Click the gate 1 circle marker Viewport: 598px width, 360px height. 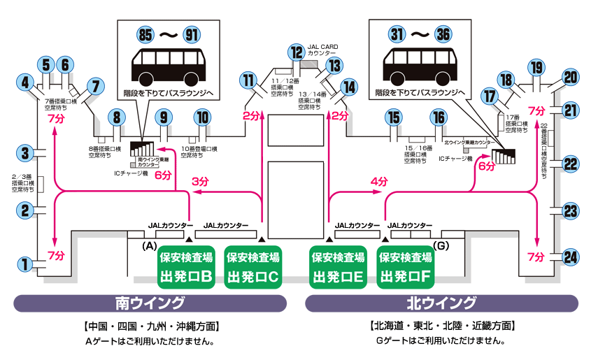click(25, 264)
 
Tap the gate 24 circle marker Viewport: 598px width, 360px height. click(571, 257)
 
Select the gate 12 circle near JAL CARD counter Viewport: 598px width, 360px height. click(297, 52)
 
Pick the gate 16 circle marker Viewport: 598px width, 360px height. click(438, 117)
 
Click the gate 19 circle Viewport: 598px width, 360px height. click(536, 67)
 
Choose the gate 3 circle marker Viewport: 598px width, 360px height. click(25, 153)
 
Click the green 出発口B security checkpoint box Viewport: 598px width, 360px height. click(186, 266)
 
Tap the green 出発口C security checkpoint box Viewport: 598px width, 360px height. click(253, 266)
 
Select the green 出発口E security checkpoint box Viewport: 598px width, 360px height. click(339, 266)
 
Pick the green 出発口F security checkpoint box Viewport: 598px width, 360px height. click(405, 266)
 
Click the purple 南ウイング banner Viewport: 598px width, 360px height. click(150, 303)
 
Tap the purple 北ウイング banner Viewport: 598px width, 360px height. click(442, 303)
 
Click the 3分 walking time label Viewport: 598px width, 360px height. click(200, 181)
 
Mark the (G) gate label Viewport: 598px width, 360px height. click(441, 246)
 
